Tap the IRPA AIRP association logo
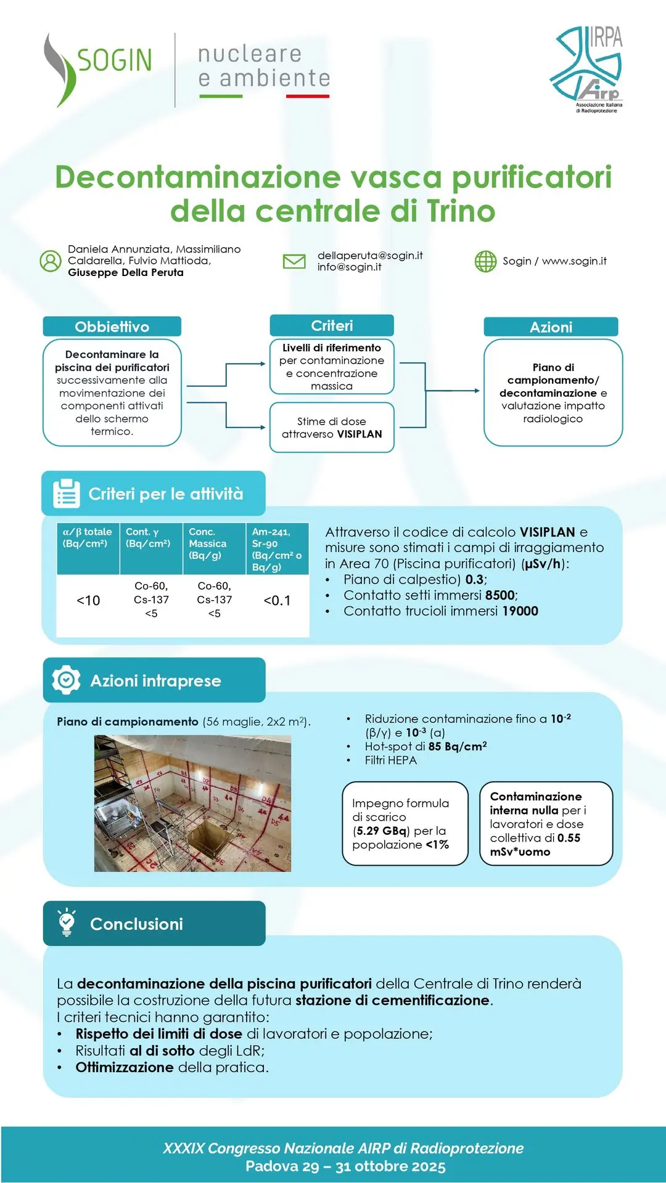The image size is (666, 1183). [x=588, y=69]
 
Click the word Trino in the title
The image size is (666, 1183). [x=461, y=211]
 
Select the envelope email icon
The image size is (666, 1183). [x=294, y=261]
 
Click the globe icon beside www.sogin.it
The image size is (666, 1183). [x=485, y=261]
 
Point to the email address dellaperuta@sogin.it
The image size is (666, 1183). [x=370, y=255]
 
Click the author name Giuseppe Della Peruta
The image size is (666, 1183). [x=126, y=272]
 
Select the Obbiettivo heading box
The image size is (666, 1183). [x=112, y=327]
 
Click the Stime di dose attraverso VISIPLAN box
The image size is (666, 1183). [x=332, y=428]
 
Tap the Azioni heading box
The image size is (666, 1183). [x=551, y=327]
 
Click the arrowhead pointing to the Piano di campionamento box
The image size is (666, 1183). [x=477, y=391]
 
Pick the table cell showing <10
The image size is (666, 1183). [x=88, y=601]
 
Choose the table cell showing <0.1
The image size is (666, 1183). [x=277, y=601]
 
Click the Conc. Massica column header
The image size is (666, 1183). [x=208, y=543]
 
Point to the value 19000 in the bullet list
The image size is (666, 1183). [x=520, y=611]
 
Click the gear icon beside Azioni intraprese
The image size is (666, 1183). [x=66, y=680]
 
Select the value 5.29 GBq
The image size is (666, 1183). [x=382, y=831]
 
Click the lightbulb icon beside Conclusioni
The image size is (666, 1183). [x=66, y=922]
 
